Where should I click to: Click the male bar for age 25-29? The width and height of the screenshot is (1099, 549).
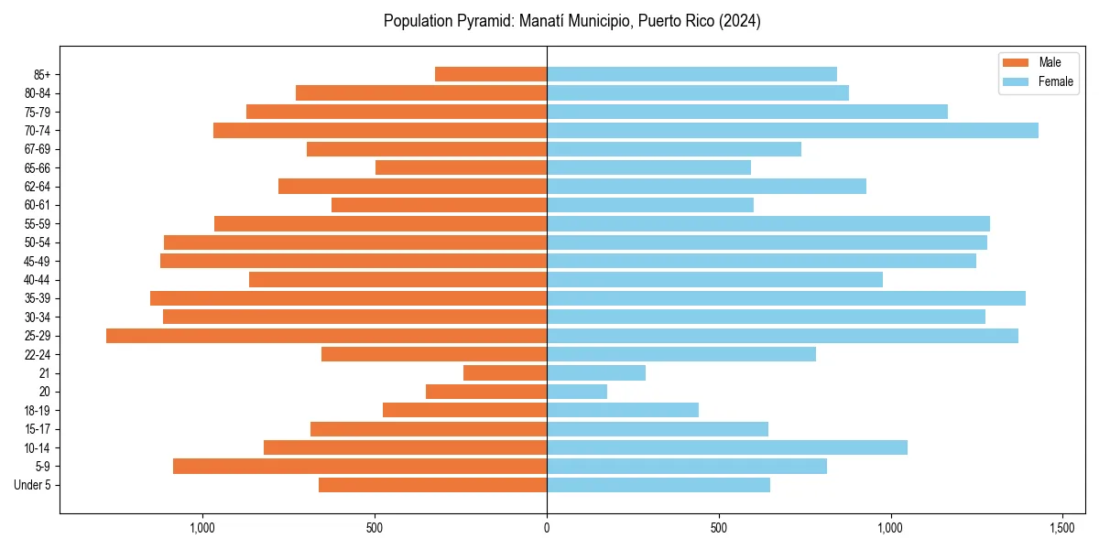tap(326, 336)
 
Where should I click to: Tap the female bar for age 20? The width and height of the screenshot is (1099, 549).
tap(577, 392)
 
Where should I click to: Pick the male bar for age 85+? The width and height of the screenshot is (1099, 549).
tap(491, 74)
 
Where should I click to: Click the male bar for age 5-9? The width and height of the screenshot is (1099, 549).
tap(360, 467)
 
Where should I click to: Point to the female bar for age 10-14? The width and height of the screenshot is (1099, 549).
tap(727, 447)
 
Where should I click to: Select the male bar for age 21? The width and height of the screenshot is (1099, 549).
tap(505, 373)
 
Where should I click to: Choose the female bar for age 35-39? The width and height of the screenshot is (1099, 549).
tap(786, 298)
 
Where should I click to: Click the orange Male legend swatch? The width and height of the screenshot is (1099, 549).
tap(1017, 62)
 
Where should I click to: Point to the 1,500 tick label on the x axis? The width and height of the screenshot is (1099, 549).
tap(1062, 528)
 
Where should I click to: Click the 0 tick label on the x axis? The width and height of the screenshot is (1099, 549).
tap(547, 528)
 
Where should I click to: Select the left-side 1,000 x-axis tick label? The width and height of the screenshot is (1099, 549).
tap(202, 528)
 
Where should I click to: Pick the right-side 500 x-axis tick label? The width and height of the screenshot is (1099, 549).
tap(719, 528)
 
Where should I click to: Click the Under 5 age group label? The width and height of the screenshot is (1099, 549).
tap(32, 485)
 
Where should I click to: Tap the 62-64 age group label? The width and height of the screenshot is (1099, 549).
tap(38, 187)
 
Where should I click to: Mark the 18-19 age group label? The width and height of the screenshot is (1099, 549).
tap(38, 411)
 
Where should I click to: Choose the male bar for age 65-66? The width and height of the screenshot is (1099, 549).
tap(461, 167)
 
